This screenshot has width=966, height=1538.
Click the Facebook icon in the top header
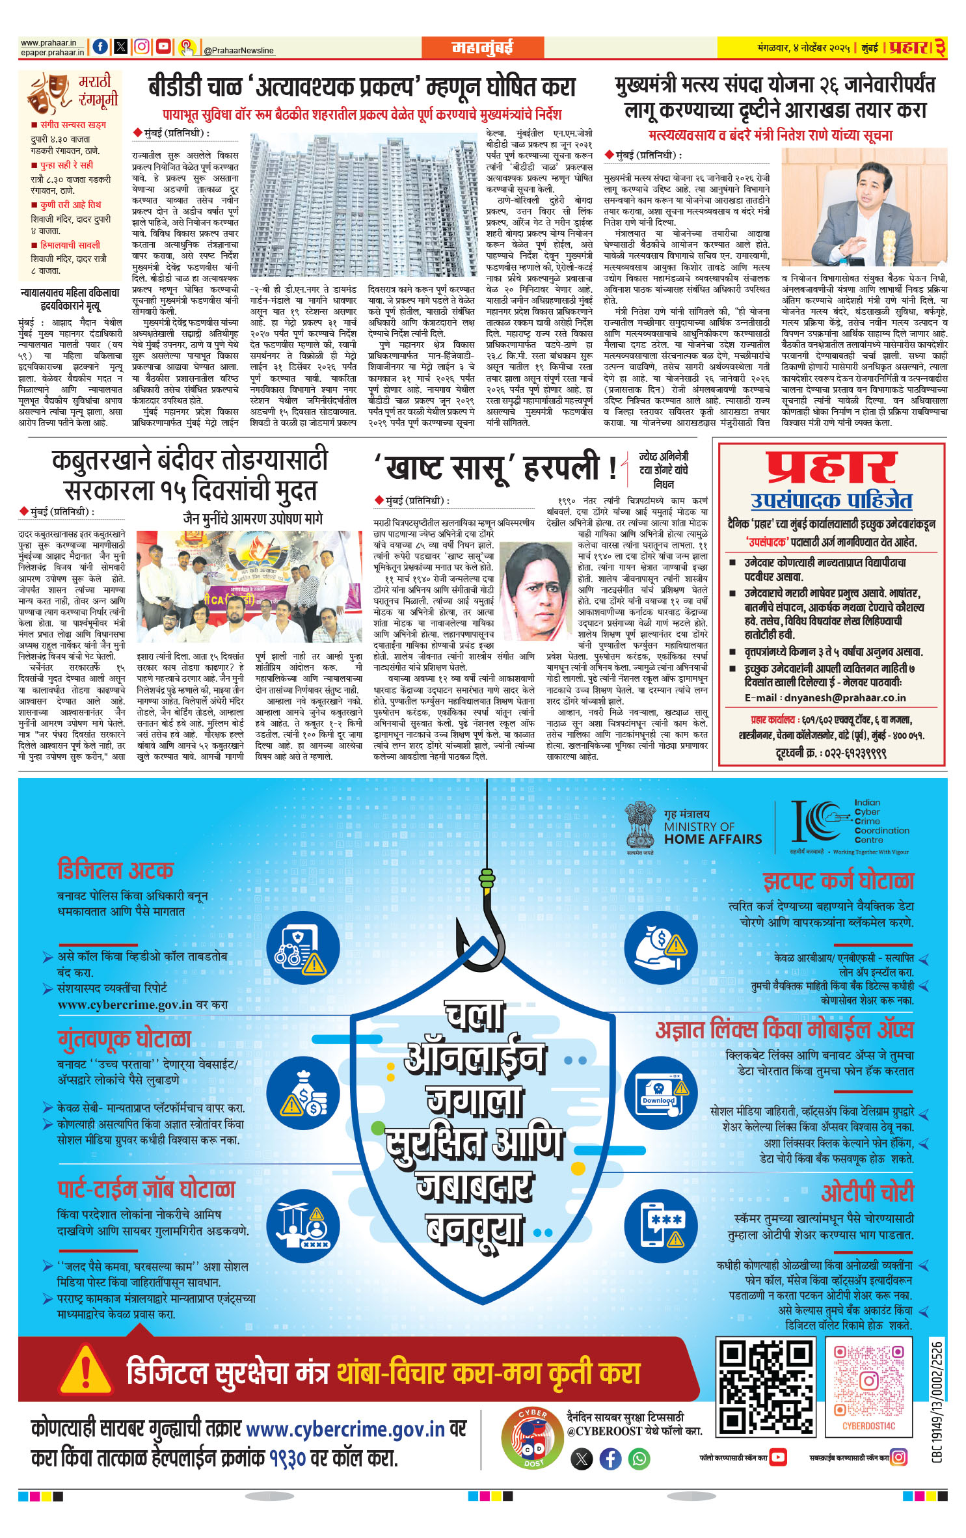click(x=100, y=46)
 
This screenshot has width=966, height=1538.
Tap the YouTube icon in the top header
click(x=163, y=46)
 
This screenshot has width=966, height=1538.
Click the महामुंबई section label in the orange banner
click(x=482, y=47)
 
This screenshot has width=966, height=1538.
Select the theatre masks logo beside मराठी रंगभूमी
click(x=49, y=94)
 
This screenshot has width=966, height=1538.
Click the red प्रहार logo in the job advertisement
click(x=831, y=468)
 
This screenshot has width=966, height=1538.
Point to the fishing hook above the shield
click(x=484, y=924)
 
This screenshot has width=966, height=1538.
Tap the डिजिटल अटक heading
click(x=115, y=870)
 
